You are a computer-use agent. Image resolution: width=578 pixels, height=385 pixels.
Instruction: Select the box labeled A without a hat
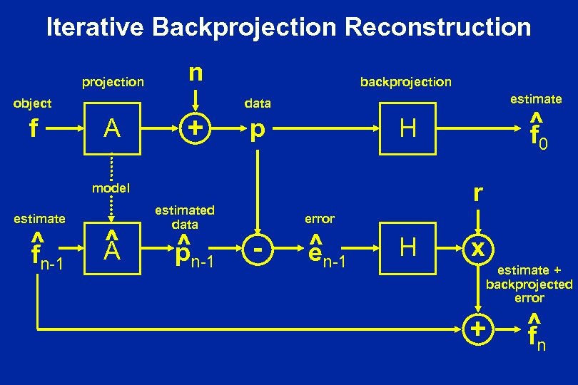pos(111,129)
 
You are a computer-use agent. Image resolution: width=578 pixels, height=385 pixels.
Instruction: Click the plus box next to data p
pos(194,129)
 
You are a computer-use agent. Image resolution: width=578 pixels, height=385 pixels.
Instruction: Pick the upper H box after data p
pos(408,129)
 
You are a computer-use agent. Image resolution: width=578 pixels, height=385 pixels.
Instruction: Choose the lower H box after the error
pos(408,247)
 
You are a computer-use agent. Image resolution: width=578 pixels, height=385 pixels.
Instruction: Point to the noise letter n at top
pos(194,73)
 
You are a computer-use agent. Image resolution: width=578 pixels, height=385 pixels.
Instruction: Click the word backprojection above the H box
pos(405,81)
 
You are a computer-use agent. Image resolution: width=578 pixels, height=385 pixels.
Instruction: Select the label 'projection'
pos(112,82)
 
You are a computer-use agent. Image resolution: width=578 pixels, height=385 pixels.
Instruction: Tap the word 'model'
pos(111,189)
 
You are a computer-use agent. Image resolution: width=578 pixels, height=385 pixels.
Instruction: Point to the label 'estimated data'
pos(184,217)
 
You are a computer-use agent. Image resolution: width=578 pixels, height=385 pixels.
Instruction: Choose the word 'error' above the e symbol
pos(319,218)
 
